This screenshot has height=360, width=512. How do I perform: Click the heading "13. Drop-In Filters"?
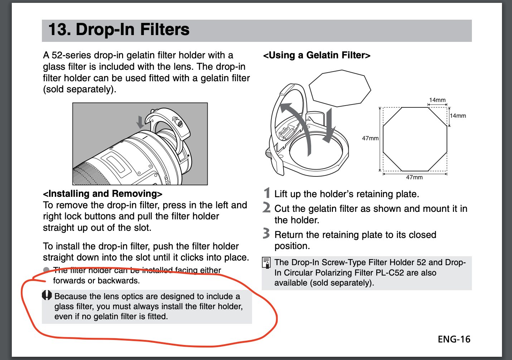tap(119, 29)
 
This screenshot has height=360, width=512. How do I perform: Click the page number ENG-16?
tap(454, 340)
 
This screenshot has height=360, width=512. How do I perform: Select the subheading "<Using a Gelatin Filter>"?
tap(317, 55)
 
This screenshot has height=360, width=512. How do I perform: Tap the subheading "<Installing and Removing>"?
tap(103, 194)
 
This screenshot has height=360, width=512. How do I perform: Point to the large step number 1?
tap(267, 193)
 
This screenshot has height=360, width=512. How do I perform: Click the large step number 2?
tap(266, 207)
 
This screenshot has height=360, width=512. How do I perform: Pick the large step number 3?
tap(266, 233)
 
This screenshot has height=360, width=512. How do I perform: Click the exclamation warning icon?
tap(47, 295)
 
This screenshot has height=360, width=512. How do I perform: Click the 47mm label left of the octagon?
tap(370, 138)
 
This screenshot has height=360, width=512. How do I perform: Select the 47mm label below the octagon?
tap(414, 177)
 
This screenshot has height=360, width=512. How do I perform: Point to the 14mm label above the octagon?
tap(437, 100)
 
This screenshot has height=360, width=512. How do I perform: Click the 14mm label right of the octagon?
tap(458, 116)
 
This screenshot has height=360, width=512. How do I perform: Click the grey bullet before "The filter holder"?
tap(46, 270)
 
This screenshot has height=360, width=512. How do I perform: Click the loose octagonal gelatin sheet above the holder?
tap(340, 88)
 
